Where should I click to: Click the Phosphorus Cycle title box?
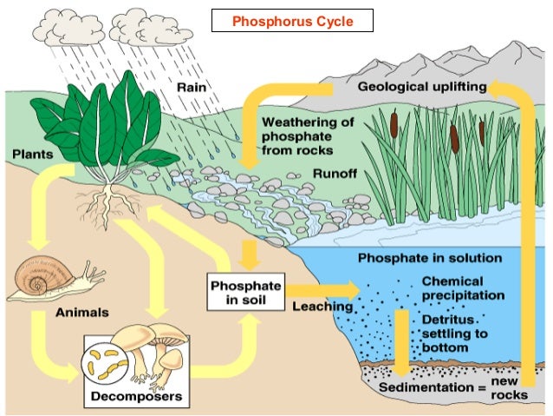click(292, 21)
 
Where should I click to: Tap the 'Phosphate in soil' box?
click(245, 294)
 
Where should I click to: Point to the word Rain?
click(191, 88)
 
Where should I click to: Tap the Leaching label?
click(322, 307)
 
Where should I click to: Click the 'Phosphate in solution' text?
click(430, 258)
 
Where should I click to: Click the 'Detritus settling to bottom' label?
click(456, 334)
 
